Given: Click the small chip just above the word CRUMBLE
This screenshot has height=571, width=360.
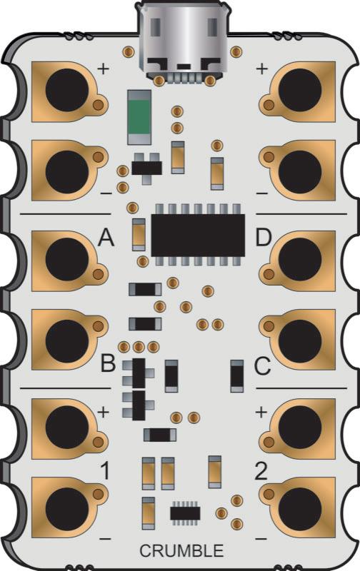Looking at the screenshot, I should click(x=185, y=512).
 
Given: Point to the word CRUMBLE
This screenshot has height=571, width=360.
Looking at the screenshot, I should click(x=181, y=551).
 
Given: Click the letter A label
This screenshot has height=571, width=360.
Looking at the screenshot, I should click(x=106, y=238).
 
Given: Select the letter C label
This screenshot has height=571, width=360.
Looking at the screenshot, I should click(x=262, y=367).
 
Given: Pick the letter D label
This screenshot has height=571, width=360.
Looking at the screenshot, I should click(x=264, y=237).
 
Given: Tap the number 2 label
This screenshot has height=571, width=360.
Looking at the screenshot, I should click(x=261, y=472).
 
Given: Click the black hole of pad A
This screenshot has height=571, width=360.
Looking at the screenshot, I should click(x=66, y=260).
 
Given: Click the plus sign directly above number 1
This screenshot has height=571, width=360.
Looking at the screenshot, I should click(x=103, y=412).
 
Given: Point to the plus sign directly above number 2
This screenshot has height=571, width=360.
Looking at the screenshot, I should click(x=262, y=412).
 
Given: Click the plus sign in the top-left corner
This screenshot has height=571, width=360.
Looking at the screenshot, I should click(x=103, y=69).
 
